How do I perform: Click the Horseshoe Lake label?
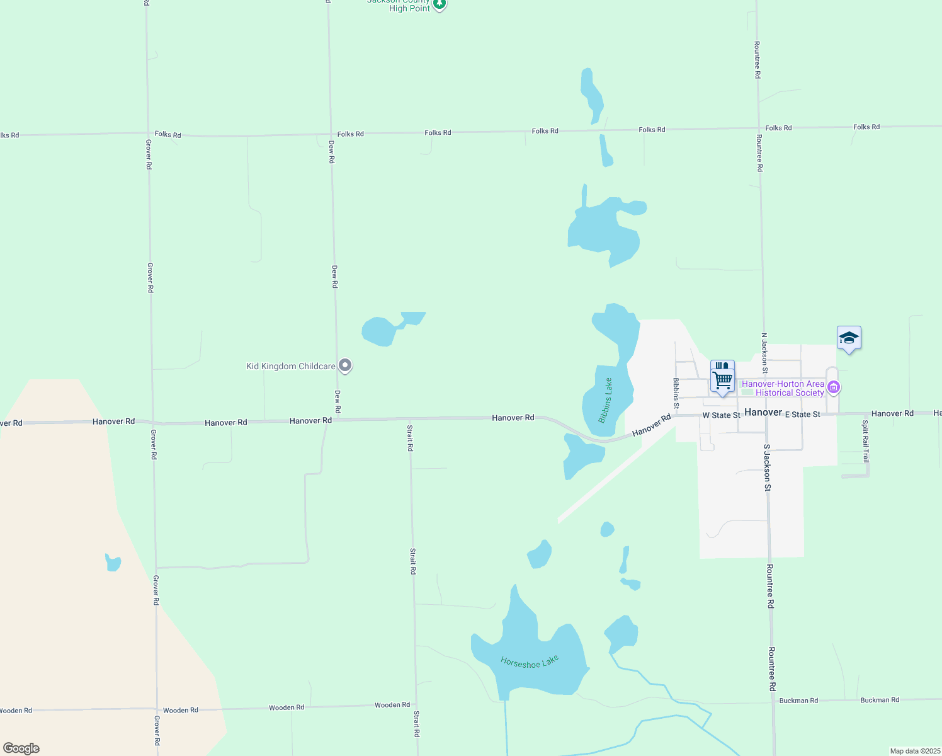[530, 661]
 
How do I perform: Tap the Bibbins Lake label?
[606, 401]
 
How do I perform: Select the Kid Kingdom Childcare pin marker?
[345, 365]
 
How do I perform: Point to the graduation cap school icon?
[849, 339]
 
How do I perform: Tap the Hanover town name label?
[763, 412]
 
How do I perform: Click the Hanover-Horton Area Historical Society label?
[783, 388]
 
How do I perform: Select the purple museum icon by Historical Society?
[834, 387]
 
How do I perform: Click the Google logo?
[21, 748]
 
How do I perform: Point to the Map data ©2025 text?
[915, 751]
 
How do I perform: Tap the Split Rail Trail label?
[866, 441]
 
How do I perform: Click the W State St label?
[722, 415]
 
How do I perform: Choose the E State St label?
[802, 415]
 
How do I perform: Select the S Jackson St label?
[767, 467]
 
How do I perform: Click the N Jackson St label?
[764, 349]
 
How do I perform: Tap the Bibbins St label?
[676, 393]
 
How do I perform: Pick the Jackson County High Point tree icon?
[440, 5]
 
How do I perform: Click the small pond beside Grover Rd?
[113, 562]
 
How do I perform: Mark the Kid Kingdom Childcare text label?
[290, 366]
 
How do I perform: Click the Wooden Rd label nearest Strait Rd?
[392, 705]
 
